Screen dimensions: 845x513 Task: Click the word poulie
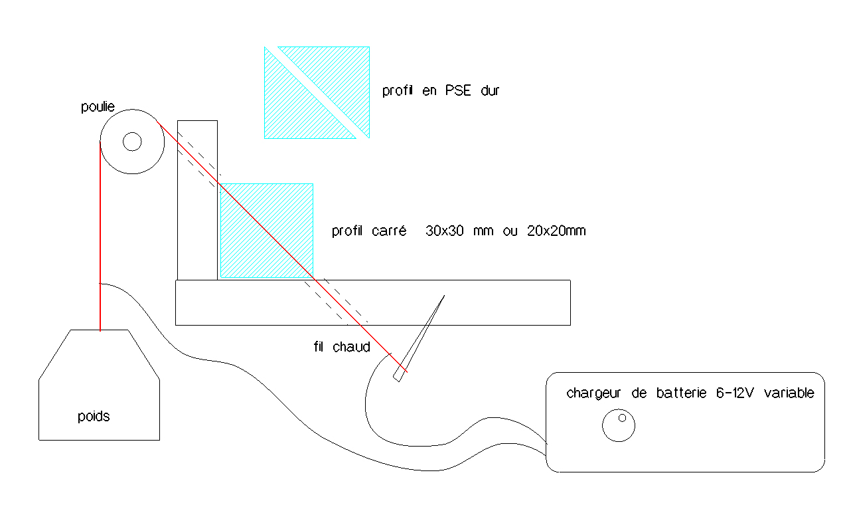click(x=97, y=107)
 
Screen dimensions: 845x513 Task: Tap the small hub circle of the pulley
click(x=132, y=142)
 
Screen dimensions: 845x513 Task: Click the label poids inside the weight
click(x=94, y=417)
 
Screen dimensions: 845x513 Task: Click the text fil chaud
click(x=341, y=347)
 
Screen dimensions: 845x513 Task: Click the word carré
click(x=392, y=231)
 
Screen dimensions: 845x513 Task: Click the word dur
click(x=489, y=91)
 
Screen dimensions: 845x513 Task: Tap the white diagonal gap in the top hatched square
click(x=317, y=92)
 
